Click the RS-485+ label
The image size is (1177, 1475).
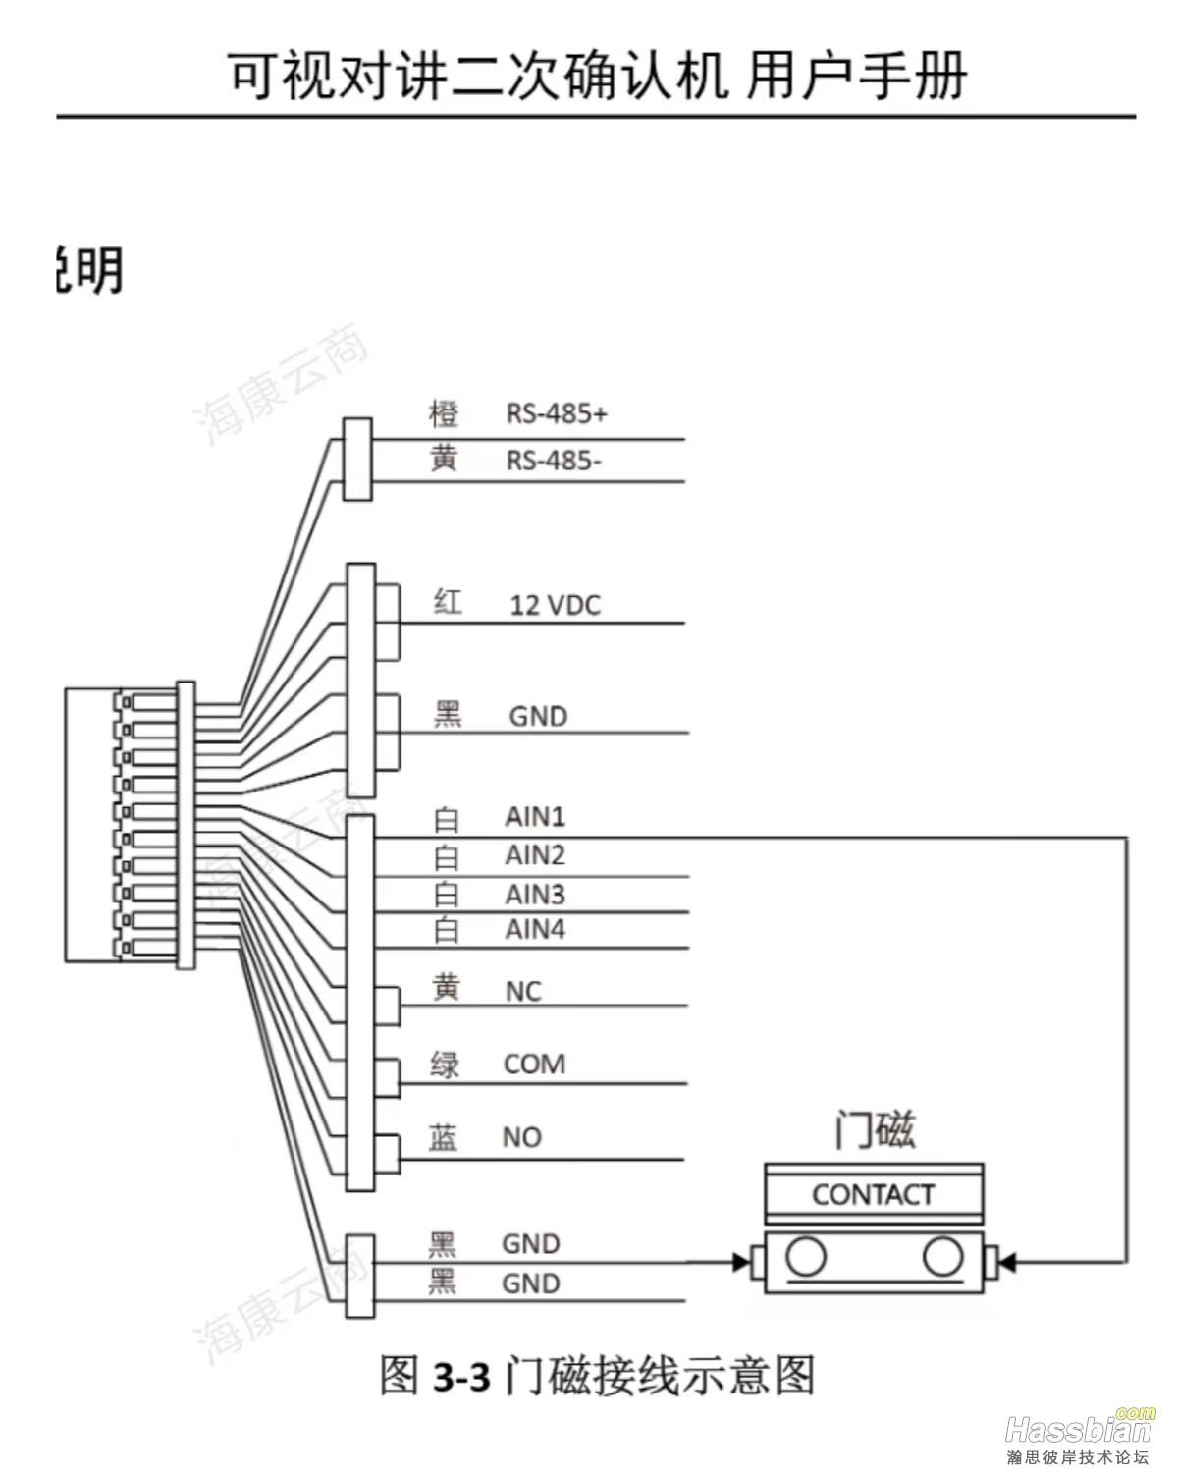tap(557, 413)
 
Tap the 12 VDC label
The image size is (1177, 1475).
tap(555, 605)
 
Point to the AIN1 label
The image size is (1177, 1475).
tap(535, 817)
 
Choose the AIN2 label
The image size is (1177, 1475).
tap(535, 855)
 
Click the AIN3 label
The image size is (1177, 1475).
tap(535, 895)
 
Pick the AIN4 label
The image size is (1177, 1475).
tap(535, 929)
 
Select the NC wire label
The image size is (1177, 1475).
tap(523, 992)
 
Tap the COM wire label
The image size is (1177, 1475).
tap(534, 1065)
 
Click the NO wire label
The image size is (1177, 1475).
tap(521, 1137)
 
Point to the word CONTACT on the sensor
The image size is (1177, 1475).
tap(873, 1194)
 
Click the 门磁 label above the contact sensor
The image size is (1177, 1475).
tap(874, 1130)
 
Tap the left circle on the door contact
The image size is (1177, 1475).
tap(806, 1257)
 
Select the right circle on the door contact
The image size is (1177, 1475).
tap(942, 1257)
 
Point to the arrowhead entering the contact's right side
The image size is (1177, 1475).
tap(1008, 1260)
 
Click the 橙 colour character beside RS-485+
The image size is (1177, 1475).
tap(444, 413)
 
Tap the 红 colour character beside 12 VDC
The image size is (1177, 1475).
tap(448, 603)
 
